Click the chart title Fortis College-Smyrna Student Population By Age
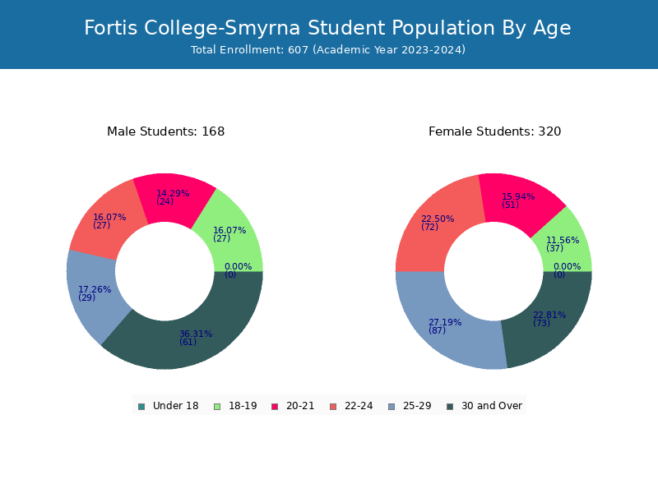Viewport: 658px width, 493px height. point(327,28)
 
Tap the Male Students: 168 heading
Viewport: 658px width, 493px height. point(166,131)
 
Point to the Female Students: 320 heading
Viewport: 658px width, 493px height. point(495,131)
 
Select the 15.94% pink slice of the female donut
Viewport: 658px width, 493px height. point(521,199)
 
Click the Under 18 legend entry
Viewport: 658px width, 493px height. point(169,406)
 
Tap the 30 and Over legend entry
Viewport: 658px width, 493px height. point(484,406)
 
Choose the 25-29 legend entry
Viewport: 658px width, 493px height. point(410,406)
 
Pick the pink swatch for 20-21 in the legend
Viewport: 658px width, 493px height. point(275,407)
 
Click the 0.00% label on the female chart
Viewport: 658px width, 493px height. point(567,266)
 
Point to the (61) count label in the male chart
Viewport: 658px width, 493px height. point(188,342)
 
